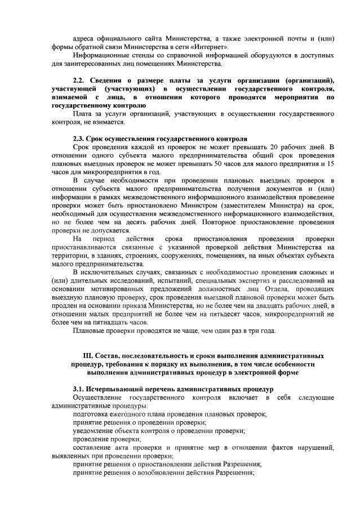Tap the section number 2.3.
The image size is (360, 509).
80,139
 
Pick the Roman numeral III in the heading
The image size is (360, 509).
89,356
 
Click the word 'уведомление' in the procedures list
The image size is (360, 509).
94,431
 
